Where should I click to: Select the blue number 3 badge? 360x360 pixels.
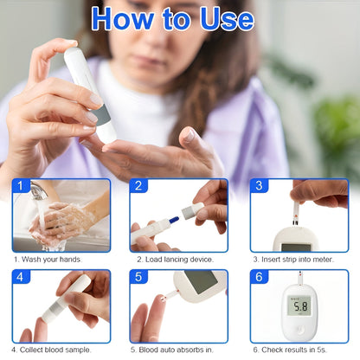tap(258, 186)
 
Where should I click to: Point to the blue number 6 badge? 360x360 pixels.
tap(258, 277)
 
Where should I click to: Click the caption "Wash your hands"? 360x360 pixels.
tap(51, 259)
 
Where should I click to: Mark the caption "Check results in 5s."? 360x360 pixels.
tap(292, 350)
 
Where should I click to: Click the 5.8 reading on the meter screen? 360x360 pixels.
tap(300, 305)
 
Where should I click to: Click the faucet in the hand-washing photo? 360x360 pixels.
tap(38, 190)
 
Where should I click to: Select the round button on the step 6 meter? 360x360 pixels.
tap(300, 331)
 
